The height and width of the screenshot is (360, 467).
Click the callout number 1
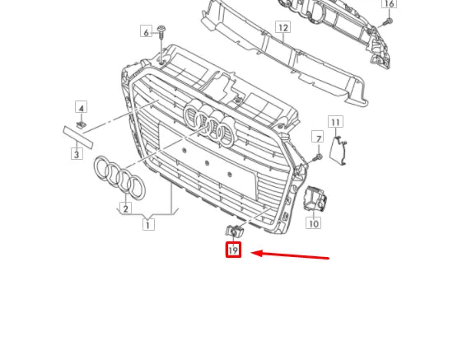coord(148,224)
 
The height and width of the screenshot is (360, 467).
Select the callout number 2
coord(125,208)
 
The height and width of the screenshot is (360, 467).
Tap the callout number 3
coord(77,154)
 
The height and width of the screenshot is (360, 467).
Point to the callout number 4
coord(81,107)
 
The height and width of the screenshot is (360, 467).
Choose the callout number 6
coord(147,32)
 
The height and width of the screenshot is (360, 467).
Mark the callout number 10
coord(314,223)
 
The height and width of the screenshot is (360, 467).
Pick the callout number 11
coord(334,123)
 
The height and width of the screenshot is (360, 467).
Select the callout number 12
coord(283,27)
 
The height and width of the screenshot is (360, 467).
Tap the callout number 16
coord(390,4)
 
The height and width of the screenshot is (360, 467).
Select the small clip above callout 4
coord(82,124)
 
